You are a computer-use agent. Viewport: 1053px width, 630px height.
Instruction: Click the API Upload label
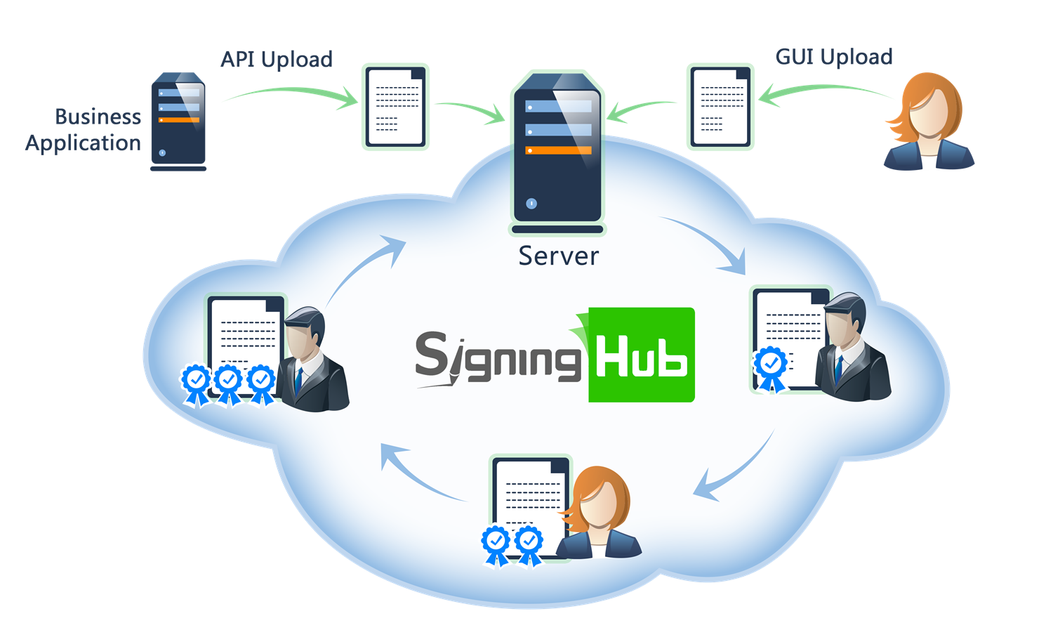277,60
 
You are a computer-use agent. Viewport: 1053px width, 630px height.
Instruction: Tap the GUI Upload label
833,57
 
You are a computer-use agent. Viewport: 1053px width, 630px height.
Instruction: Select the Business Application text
84,129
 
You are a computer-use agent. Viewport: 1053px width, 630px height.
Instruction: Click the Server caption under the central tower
558,256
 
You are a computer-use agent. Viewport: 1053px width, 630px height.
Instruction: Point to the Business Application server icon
178,122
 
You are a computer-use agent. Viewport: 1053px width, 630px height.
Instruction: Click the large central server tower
557,151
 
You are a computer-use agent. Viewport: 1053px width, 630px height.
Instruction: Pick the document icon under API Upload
395,107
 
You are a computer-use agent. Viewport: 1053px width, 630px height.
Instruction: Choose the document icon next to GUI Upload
720,107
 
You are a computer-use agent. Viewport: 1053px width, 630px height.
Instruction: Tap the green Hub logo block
640,355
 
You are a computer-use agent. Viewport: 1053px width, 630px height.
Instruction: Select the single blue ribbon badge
771,367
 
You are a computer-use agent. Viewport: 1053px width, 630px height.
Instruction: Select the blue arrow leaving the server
709,242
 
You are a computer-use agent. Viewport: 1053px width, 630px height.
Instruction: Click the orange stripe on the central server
559,150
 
